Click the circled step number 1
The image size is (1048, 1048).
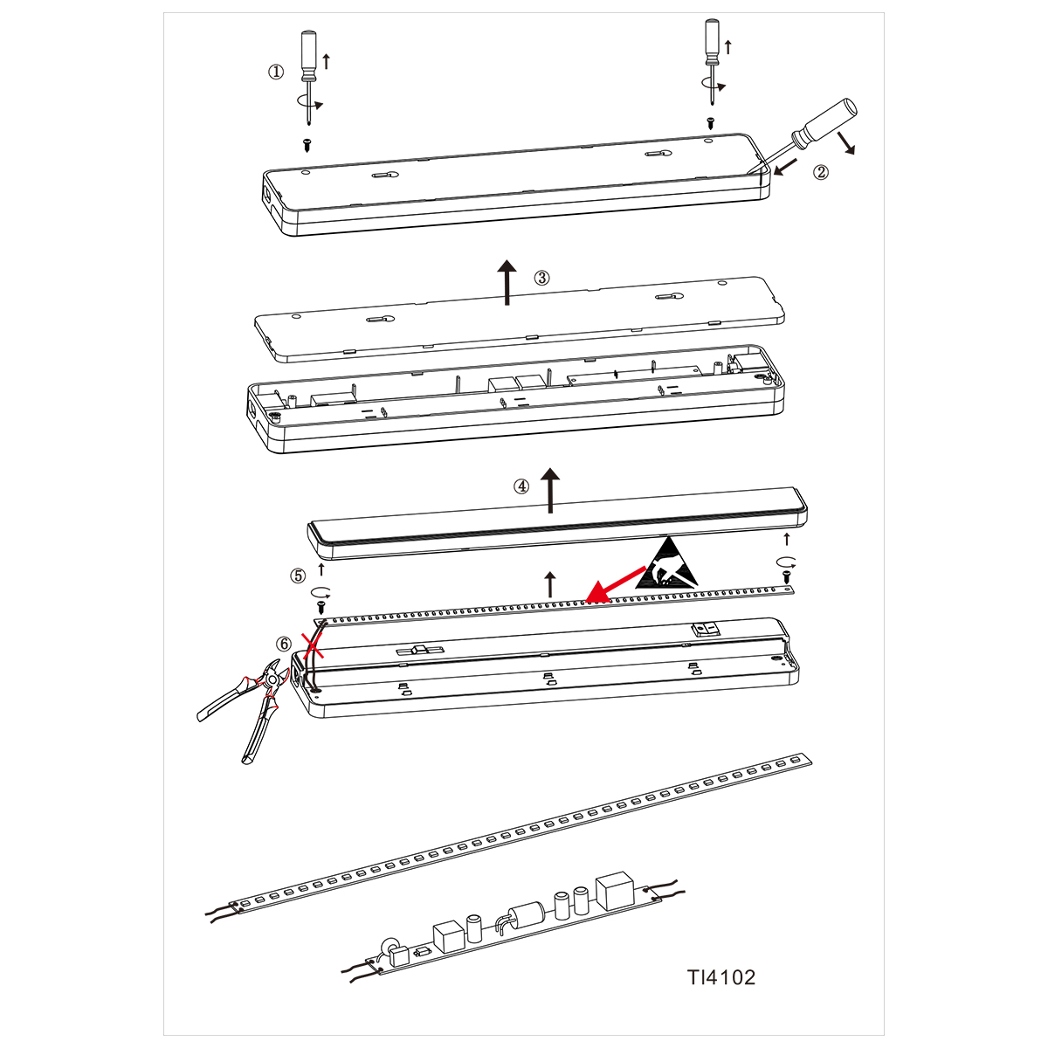276,72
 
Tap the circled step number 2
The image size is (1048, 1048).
820,172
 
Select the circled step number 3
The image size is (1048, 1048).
541,278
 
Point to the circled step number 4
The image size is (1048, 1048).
521,486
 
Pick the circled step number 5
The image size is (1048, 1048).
298,576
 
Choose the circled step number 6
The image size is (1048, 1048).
283,644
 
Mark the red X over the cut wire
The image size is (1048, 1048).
314,644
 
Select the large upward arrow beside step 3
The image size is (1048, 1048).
507,282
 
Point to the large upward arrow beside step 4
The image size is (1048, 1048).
550,490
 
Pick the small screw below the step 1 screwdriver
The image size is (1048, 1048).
307,145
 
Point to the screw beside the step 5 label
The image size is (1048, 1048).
321,603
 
